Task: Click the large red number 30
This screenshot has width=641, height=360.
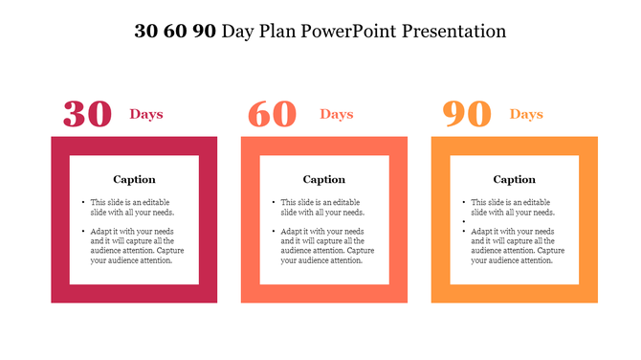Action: (87, 114)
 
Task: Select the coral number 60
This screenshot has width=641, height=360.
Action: (272, 114)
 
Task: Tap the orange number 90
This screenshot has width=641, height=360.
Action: (467, 114)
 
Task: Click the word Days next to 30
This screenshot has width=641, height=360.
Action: (146, 115)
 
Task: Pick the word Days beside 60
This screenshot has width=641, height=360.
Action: (337, 115)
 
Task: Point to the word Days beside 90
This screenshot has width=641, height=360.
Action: (526, 115)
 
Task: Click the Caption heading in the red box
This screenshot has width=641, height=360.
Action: (134, 179)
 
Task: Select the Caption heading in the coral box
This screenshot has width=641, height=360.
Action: (324, 179)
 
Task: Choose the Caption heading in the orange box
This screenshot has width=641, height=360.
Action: (515, 179)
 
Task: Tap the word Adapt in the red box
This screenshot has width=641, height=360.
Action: (101, 232)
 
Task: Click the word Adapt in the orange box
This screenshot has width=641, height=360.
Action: (482, 232)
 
